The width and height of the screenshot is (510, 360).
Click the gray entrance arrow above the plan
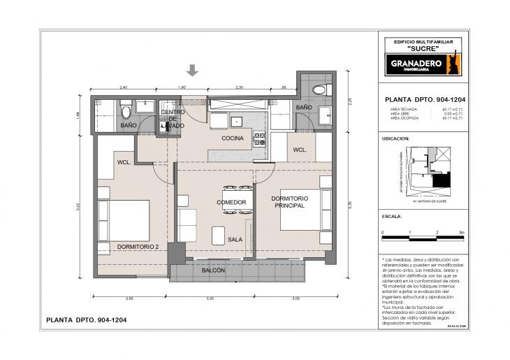193,70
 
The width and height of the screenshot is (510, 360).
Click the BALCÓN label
213,270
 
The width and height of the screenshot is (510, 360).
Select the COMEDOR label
231,203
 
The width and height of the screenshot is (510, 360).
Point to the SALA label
235,239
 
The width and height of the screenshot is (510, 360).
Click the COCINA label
233,138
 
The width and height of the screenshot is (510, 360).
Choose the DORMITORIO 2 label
139,246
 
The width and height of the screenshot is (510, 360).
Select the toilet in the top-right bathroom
320,89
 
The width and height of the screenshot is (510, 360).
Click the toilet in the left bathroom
126,112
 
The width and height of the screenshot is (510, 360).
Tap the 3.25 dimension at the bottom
210,298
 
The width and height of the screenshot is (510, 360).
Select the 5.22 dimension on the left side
79,206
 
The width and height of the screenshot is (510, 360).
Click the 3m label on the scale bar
461,231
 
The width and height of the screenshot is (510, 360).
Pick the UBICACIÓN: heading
395,139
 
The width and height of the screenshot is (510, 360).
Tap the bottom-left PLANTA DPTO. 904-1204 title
86,320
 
